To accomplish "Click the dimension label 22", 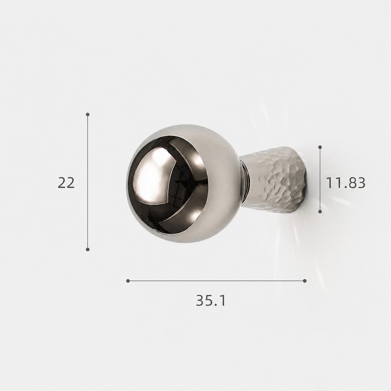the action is (66, 183).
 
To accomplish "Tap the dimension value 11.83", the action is (345, 183).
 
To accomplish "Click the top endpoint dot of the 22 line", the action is (88, 115).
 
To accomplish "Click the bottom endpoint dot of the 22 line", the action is (88, 249).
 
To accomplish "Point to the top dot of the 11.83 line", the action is (320, 147).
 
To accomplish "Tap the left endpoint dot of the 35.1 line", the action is (128, 281).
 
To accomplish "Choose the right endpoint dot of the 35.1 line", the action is (305, 281).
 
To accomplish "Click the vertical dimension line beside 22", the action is (88, 182).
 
